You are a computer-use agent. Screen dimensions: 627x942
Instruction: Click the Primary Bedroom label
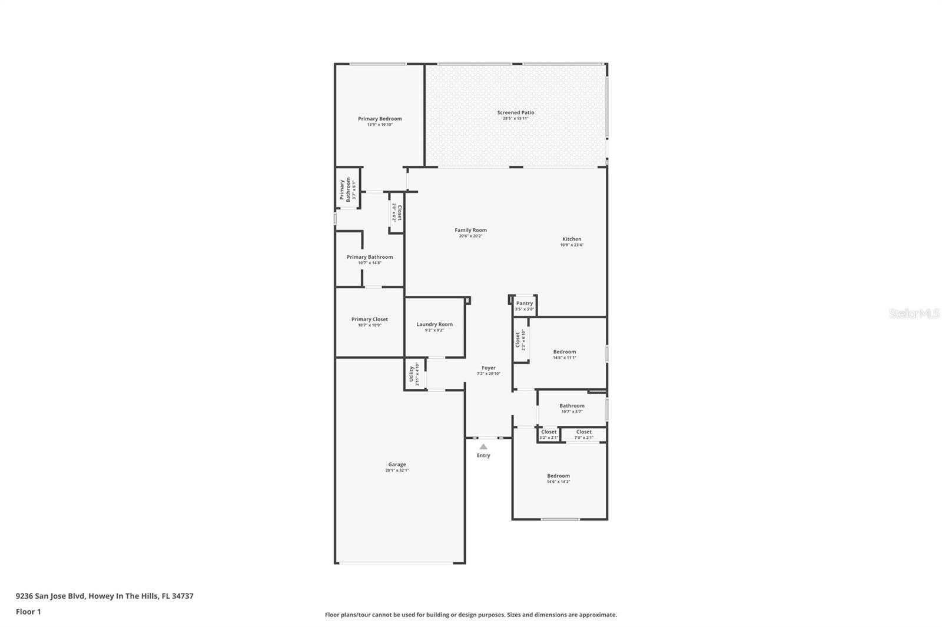[x=380, y=119]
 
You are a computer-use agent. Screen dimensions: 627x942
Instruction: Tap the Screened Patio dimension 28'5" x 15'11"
[x=515, y=118]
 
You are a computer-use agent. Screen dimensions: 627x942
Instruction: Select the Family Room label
[x=470, y=231]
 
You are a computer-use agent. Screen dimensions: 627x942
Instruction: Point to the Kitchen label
[x=572, y=239]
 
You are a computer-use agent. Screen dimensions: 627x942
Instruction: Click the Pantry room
[x=524, y=305]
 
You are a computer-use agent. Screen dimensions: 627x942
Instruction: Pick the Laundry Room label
[x=434, y=325]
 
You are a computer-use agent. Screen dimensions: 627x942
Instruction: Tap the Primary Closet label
[x=370, y=319]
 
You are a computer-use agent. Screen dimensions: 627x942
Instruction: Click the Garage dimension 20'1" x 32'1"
[x=397, y=470]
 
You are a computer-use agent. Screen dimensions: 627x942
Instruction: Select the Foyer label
[x=488, y=368]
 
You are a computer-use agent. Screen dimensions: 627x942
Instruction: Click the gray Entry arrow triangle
[x=483, y=446]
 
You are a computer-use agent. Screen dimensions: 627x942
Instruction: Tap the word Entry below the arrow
[x=483, y=455]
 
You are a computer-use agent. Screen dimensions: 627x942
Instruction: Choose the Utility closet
[x=414, y=374]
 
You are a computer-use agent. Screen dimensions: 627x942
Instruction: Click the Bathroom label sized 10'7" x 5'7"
[x=572, y=406]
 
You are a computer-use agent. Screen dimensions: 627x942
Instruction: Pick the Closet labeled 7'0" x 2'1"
[x=583, y=434]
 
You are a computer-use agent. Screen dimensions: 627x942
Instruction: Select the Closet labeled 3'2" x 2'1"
[x=548, y=434]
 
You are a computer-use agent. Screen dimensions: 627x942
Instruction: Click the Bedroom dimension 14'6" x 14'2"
[x=558, y=482]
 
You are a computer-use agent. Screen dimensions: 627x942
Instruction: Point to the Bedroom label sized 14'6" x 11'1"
[x=564, y=352]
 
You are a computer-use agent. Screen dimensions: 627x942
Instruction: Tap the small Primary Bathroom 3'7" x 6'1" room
[x=347, y=189]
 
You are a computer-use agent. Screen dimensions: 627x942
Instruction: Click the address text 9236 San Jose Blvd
[x=52, y=596]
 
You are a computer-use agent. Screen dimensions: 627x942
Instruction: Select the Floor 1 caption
[x=28, y=612]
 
